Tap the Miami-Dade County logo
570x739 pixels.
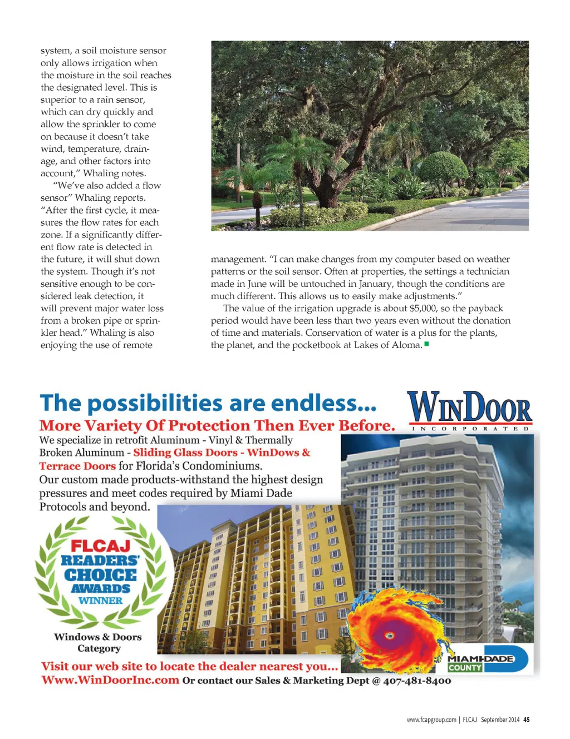click(488, 659)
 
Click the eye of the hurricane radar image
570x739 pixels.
click(389, 635)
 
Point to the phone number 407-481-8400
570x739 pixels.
click(417, 681)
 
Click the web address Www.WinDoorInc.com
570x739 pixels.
click(110, 680)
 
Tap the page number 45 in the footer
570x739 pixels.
click(526, 720)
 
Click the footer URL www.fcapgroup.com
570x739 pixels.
click(431, 720)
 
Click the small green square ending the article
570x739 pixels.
click(426, 344)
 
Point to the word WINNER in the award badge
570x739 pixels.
click(100, 601)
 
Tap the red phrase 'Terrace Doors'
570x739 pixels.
click(77, 466)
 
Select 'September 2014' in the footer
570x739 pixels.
click(500, 720)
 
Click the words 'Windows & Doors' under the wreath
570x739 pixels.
click(98, 637)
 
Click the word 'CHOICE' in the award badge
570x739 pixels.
click(100, 574)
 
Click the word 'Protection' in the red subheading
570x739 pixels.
click(209, 426)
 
